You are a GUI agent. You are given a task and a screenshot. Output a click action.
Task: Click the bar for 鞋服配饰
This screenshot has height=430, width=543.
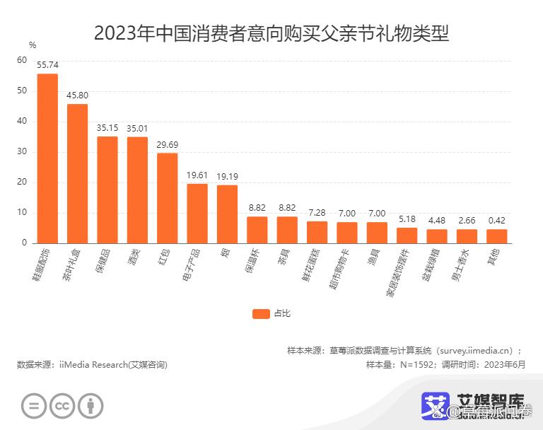(x=47, y=158)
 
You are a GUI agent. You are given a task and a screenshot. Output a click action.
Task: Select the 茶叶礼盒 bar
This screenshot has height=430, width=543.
(x=77, y=173)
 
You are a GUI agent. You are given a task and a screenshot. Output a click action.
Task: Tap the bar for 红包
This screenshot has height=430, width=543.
(x=167, y=198)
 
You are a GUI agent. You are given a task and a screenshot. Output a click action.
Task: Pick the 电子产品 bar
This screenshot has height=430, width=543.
(x=197, y=213)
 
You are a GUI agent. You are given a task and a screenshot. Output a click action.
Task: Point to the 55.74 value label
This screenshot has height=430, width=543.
(x=47, y=64)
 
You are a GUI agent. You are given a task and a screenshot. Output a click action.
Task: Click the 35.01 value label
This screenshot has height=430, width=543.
(x=137, y=128)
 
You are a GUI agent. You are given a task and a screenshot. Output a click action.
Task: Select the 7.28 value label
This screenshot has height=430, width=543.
(x=317, y=212)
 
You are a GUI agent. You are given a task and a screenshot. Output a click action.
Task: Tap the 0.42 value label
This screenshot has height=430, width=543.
(x=496, y=220)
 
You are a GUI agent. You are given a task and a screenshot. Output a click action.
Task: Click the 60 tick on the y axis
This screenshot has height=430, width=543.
(x=22, y=60)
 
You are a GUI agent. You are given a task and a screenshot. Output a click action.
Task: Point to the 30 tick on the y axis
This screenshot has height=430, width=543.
(x=22, y=151)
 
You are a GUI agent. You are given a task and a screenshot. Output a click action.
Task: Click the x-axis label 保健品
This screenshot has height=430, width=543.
(x=103, y=261)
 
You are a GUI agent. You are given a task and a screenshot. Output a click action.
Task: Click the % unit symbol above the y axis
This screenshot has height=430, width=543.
(x=32, y=45)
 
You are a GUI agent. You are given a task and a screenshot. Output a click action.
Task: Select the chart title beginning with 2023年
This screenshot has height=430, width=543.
(x=271, y=33)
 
